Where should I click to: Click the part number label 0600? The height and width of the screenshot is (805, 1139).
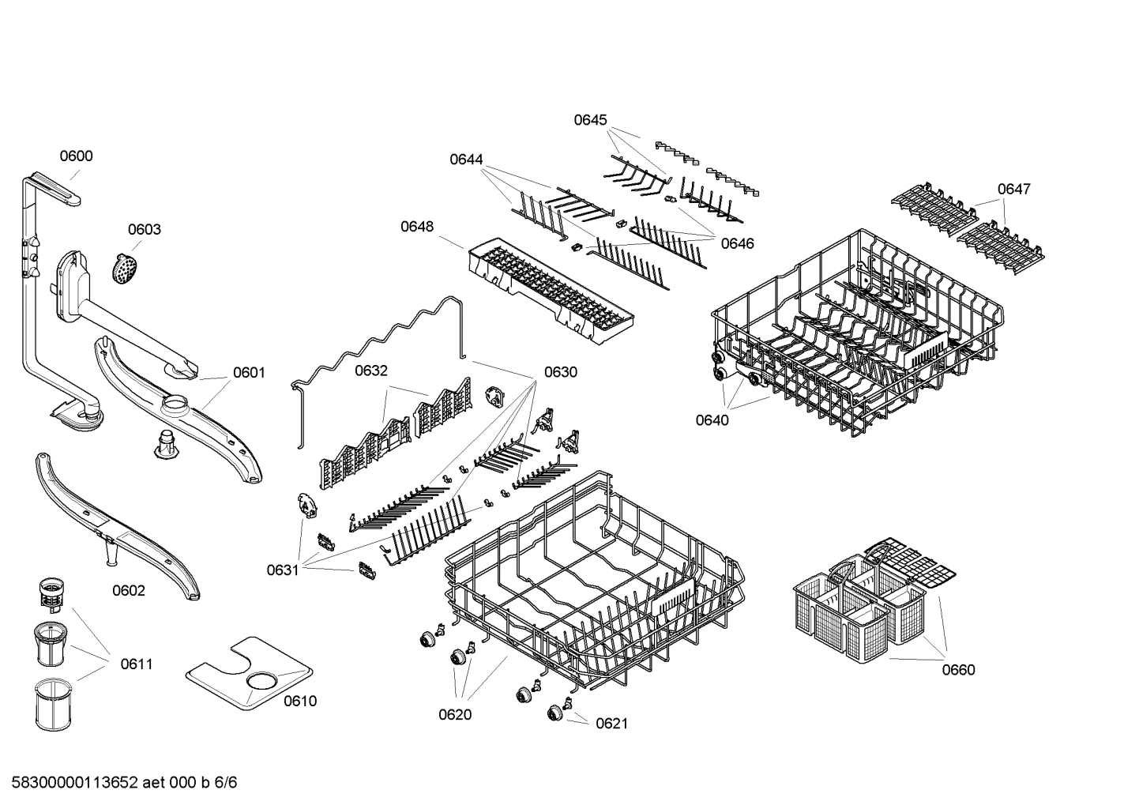(x=77, y=156)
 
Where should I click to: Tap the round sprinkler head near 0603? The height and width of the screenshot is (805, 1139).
(x=122, y=269)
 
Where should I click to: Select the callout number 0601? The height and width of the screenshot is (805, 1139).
(x=249, y=373)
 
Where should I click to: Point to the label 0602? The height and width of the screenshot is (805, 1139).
(x=129, y=591)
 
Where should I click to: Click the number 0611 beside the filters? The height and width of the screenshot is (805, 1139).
(x=137, y=664)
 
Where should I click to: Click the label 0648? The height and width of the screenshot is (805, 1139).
(x=417, y=227)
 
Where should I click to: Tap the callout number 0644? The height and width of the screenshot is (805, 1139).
(x=466, y=160)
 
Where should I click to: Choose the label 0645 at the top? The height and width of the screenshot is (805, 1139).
(x=590, y=120)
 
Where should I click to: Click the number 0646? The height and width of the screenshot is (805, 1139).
(x=737, y=243)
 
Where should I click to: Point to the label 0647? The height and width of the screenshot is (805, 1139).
(x=1013, y=189)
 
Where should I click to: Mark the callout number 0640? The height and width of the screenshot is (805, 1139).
(x=712, y=420)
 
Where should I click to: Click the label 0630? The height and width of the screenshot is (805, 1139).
(x=560, y=372)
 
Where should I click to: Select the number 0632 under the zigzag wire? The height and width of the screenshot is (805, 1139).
(x=371, y=371)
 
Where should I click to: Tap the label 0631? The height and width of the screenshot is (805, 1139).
(x=283, y=570)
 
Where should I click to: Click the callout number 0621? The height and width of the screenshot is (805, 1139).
(x=611, y=724)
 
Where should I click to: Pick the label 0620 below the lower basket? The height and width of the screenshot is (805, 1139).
(x=455, y=715)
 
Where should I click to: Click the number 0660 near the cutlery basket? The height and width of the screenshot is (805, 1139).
(x=958, y=670)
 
